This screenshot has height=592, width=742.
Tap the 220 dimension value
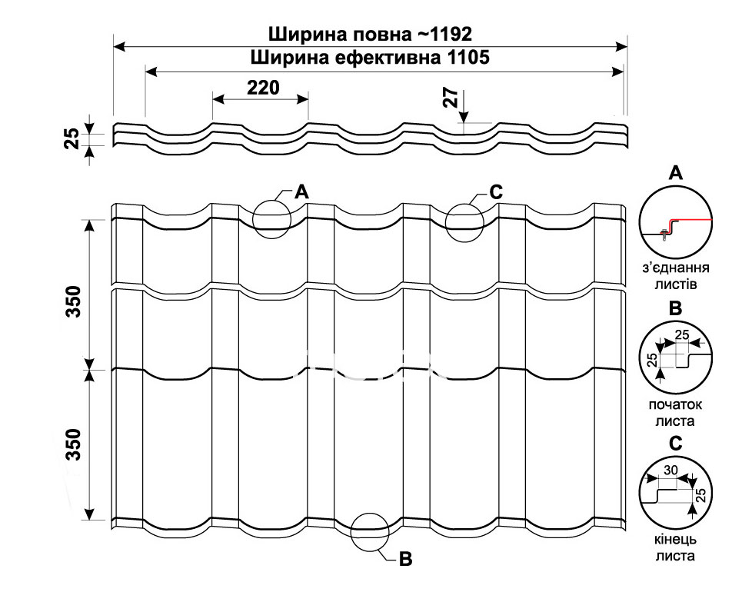tap(263, 88)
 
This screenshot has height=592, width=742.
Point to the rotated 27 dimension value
tap(452, 98)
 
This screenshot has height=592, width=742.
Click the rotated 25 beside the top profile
tap(72, 138)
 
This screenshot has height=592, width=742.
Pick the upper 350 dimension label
tap(74, 301)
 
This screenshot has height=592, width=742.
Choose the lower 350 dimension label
tap(74, 444)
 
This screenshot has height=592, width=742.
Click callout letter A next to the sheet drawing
tap(301, 191)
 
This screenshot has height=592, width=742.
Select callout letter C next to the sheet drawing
tap(496, 192)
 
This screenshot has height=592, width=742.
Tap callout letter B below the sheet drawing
tap(405, 559)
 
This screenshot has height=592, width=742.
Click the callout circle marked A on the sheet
tap(271, 201)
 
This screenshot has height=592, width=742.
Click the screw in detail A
tap(663, 234)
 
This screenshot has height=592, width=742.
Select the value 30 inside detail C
tap(670, 470)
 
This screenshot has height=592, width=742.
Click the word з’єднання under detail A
tap(675, 268)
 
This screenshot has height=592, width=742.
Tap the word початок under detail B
tap(675, 404)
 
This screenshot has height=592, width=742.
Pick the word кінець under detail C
tap(675, 540)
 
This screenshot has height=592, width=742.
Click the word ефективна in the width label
tap(388, 58)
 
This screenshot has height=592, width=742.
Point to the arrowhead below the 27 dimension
tap(464, 118)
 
